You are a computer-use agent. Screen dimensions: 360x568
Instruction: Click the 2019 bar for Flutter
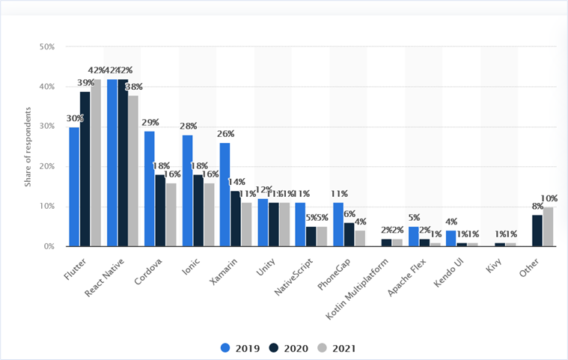tap(74, 187)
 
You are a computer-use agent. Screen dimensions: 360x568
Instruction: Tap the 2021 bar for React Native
tap(133, 171)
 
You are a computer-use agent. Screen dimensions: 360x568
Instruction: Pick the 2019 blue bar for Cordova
tap(150, 189)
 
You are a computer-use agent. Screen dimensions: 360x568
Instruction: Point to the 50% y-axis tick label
tap(47, 46)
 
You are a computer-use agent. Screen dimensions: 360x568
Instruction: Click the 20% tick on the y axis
tap(47, 166)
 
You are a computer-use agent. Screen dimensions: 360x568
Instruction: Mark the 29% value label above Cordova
tap(150, 122)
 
